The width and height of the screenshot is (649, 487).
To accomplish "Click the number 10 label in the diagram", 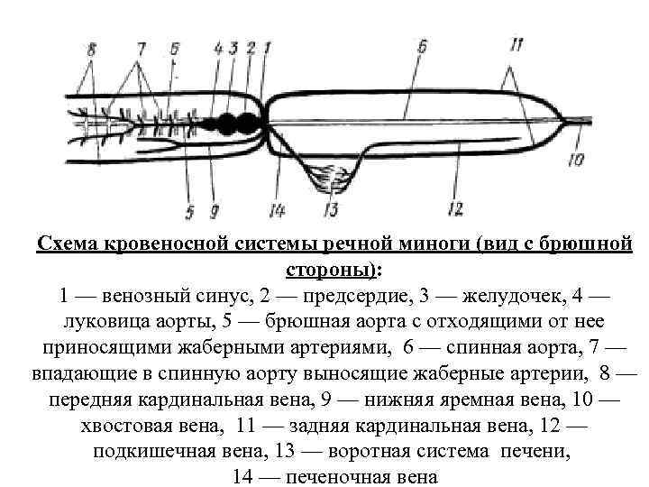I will coord(576,161).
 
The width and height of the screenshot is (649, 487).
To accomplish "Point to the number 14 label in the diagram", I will coord(278,210).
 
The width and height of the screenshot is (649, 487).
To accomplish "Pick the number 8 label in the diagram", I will coord(89,50).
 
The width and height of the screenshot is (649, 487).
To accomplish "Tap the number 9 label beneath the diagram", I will coord(215,212).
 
